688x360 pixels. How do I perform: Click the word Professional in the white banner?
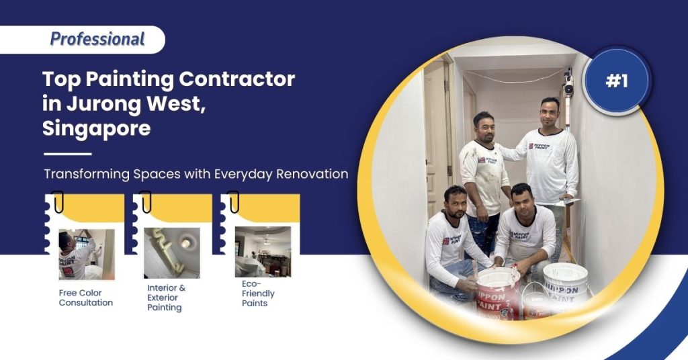point(97,39)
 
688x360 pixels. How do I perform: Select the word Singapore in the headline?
point(96,128)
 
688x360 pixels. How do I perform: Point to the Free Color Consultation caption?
point(86,298)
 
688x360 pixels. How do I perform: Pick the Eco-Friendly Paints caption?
point(258,294)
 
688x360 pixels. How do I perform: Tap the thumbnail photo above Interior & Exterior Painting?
point(171,253)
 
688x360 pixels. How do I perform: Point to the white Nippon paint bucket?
point(565,281)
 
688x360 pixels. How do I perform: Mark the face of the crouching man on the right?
point(521,198)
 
